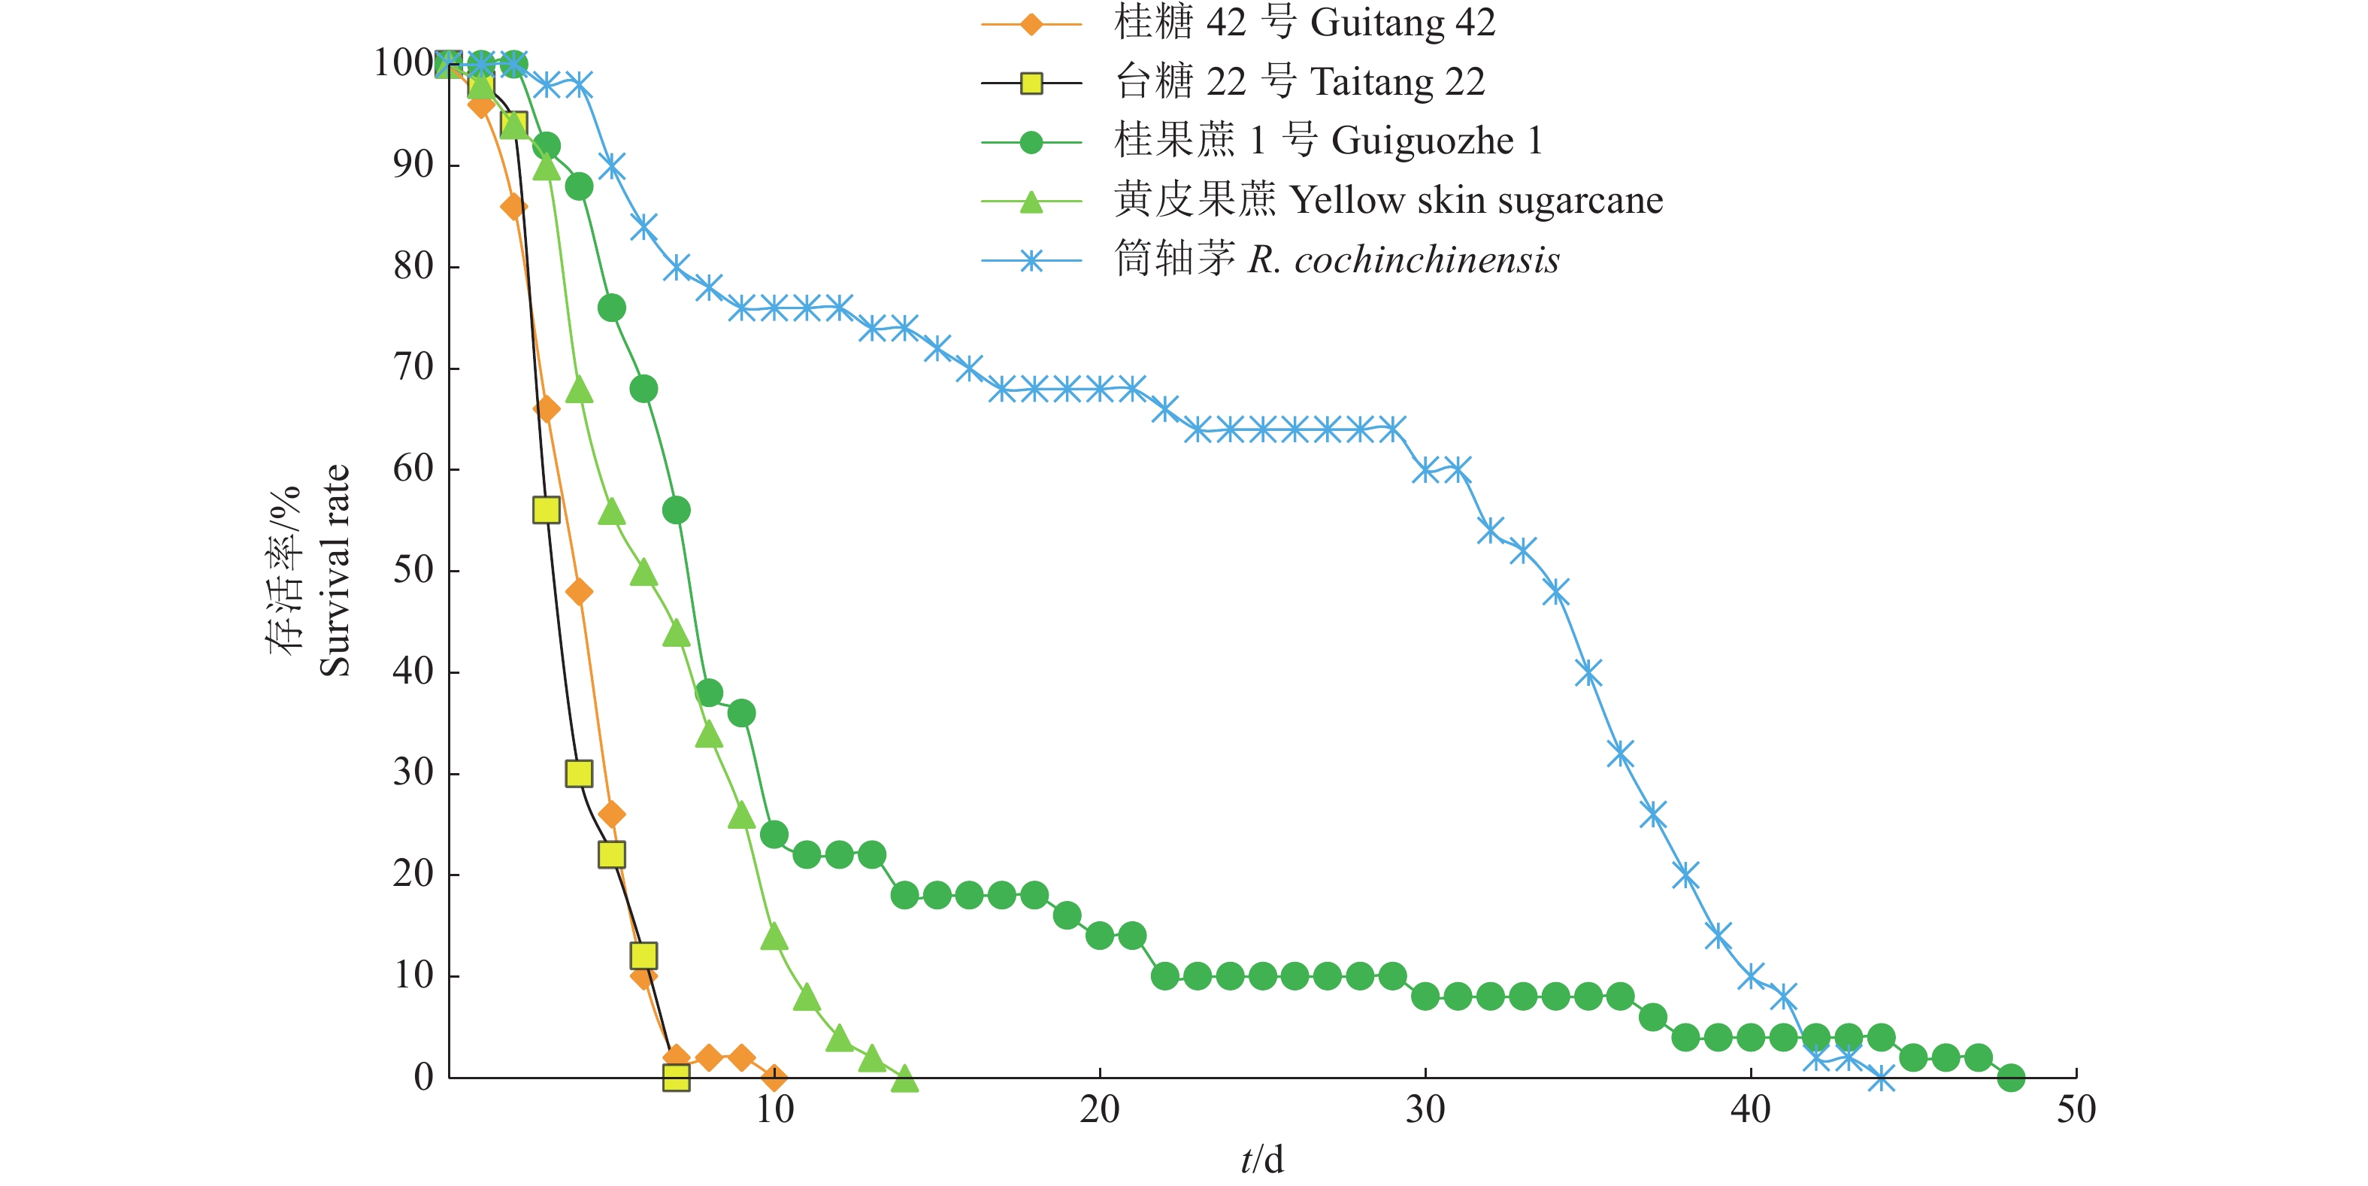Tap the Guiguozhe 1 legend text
tap(1328, 141)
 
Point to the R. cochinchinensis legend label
tap(1337, 259)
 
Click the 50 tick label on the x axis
tap(2076, 1110)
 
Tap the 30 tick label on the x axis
tap(1425, 1110)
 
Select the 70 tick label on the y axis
tap(413, 367)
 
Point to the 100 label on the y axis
tap(404, 62)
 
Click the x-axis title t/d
tap(1261, 1160)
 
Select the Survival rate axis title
tap(335, 570)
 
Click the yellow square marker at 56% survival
tap(546, 510)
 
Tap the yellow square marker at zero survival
tap(676, 1077)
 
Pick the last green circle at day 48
tap(2010, 1077)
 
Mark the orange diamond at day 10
tap(774, 1077)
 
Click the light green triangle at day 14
tap(904, 1078)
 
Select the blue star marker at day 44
tap(1881, 1078)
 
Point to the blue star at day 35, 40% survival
tap(1588, 672)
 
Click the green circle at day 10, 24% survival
tap(774, 835)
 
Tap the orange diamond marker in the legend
tap(1031, 24)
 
